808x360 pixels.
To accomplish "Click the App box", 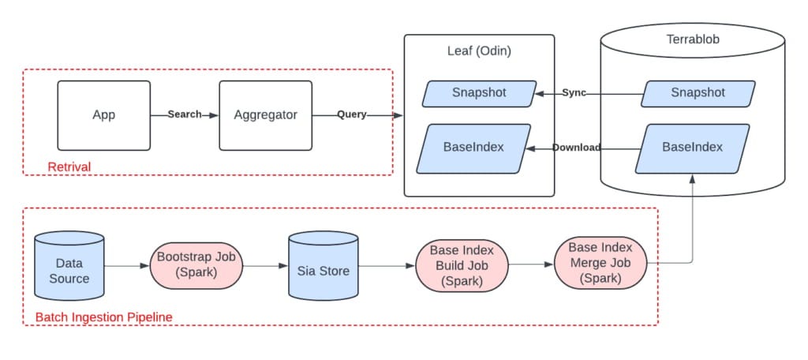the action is click(103, 115).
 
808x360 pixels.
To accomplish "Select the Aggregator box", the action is click(265, 115).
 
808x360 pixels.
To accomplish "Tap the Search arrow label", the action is click(185, 114).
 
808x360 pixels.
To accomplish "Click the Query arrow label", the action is click(352, 114).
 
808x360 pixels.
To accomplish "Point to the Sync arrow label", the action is click(574, 93).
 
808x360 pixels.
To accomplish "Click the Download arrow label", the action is click(576, 148).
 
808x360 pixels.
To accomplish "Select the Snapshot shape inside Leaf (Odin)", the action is click(479, 93).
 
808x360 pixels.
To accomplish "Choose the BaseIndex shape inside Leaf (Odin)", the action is click(473, 148).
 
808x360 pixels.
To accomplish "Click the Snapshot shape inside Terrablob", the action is click(698, 93).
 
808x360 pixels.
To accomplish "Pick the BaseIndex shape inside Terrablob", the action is click(692, 148).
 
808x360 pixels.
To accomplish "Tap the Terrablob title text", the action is click(692, 39).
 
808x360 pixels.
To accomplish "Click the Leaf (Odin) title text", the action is click(479, 51).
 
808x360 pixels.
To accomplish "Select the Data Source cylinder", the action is click(69, 265).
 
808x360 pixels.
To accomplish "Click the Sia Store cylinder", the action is click(323, 265).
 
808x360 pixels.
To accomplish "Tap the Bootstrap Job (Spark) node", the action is click(196, 265).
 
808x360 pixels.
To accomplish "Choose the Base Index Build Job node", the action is click(462, 265).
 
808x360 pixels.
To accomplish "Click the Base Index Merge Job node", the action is click(600, 263).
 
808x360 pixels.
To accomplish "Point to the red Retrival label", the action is click(69, 167).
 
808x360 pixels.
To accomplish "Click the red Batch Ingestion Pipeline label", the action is click(103, 317).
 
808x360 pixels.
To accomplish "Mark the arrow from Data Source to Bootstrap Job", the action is click(127, 266).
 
